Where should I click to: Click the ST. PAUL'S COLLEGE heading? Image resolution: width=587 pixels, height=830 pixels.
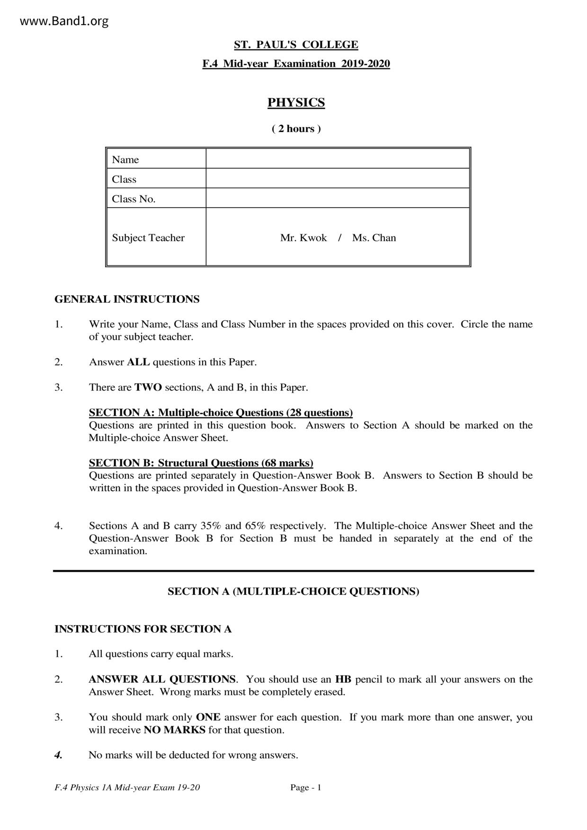pos(296,45)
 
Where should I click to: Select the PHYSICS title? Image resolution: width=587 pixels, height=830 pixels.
pos(296,103)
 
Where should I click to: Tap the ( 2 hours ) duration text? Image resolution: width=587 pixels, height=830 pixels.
pos(296,129)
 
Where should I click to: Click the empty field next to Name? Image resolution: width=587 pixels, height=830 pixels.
pos(338,159)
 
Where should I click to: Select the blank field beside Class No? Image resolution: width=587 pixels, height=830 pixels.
pos(338,198)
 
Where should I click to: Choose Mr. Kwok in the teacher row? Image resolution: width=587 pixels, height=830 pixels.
pos(303,238)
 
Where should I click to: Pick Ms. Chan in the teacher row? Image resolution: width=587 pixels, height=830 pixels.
pos(374,238)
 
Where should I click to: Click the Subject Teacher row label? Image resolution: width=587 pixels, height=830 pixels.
pos(148,238)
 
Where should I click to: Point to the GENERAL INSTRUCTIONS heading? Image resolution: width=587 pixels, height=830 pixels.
pos(127,299)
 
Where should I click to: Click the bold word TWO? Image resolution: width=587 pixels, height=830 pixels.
pos(148,387)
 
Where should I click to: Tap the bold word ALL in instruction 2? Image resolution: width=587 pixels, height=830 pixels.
pos(138,362)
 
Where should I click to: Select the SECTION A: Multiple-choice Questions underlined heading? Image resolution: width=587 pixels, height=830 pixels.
pos(221,413)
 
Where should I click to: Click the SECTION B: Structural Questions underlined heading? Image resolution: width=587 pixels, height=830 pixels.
pos(201,463)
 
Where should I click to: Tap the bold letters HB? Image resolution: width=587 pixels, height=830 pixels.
pos(343,680)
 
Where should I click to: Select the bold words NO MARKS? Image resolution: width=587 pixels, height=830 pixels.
pos(174,730)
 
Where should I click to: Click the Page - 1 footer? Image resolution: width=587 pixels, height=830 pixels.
pos(306,787)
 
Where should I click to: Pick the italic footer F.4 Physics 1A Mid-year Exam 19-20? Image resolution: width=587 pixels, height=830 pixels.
pos(127,787)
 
